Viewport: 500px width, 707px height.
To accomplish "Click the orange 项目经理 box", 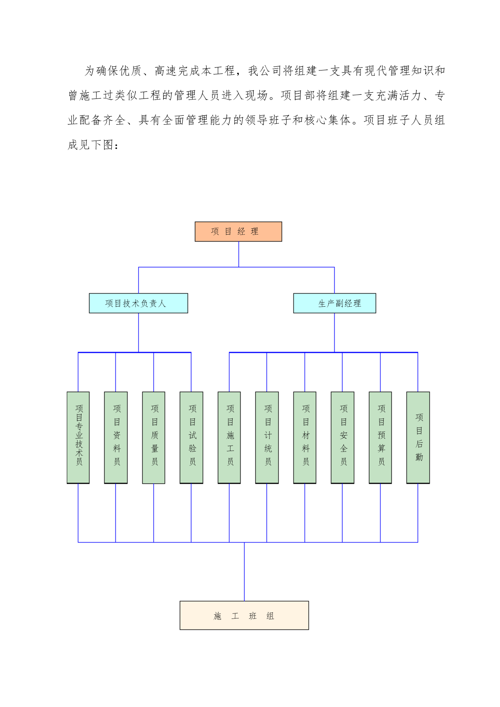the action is pos(238,231).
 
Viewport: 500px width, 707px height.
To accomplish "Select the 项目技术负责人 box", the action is pos(139,303).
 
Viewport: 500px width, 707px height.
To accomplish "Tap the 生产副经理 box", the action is pos(335,303).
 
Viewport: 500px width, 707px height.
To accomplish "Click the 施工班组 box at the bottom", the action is pos(244,615).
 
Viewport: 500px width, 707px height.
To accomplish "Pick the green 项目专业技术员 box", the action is pos(78,438).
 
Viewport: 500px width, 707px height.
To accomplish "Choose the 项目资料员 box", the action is pos(115,438).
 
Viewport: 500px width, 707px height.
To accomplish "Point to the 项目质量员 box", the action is pos(154,438).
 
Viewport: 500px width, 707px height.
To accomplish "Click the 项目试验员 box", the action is pos(191,438).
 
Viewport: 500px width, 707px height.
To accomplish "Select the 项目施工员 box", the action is pos(229,438).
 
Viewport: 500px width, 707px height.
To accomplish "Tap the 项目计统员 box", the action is pos(267,438).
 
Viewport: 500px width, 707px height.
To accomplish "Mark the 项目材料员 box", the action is pos(304,438).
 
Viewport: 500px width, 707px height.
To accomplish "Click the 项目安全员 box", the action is pos(343,438).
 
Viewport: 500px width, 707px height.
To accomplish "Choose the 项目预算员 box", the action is pos(380,438).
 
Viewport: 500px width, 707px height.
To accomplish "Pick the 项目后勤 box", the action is pos(418,438).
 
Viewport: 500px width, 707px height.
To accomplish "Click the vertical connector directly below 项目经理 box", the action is pos(238,254).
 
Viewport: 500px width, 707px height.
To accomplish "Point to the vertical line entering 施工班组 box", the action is pos(244,571).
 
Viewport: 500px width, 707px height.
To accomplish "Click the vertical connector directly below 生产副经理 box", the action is pos(335,332).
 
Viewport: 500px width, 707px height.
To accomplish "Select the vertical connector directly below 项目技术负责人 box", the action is pos(139,332).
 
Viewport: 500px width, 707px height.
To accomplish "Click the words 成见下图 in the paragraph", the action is pos(91,145).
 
